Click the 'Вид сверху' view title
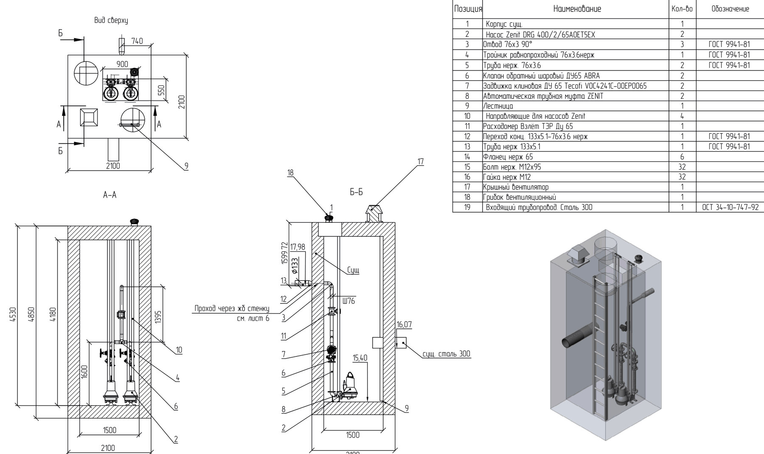pyautogui.click(x=111, y=20)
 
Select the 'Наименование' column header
pyautogui.click(x=577, y=9)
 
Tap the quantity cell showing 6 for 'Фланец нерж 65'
pyautogui.click(x=682, y=157)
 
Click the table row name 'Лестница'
pyautogui.click(x=498, y=106)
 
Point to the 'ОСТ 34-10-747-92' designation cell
pyautogui.click(x=729, y=207)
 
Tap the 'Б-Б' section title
pyautogui.click(x=357, y=192)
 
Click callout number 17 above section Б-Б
pyautogui.click(x=420, y=162)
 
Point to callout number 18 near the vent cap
pyautogui.click(x=290, y=173)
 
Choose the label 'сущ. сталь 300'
pyautogui.click(x=446, y=354)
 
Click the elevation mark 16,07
pyautogui.click(x=404, y=325)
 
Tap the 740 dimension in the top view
pyautogui.click(x=137, y=41)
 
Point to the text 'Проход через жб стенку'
pyautogui.click(x=231, y=308)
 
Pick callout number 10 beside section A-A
pyautogui.click(x=179, y=350)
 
